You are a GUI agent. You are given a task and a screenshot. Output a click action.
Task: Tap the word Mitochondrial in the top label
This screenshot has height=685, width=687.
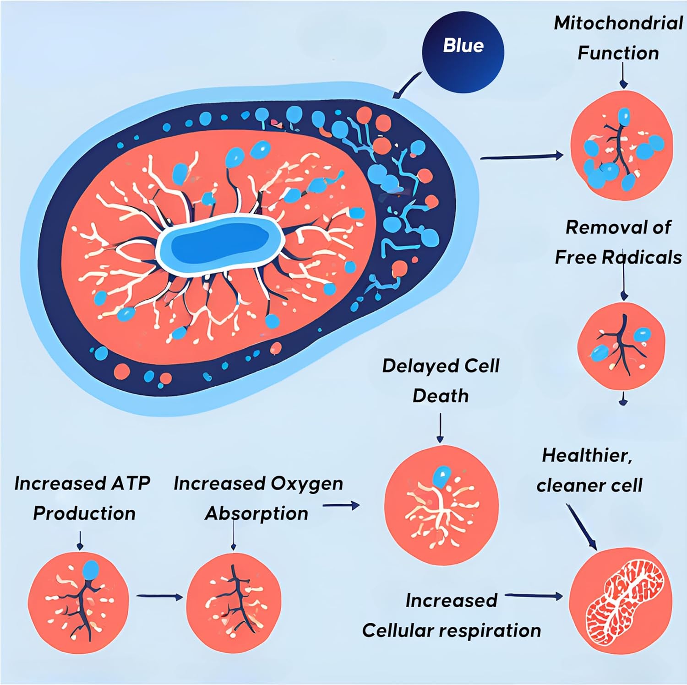tap(618, 23)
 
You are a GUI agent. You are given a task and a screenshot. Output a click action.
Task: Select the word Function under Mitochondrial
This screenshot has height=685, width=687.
tap(618, 53)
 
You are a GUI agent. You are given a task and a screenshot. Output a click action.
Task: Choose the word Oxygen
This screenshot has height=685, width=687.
tap(306, 484)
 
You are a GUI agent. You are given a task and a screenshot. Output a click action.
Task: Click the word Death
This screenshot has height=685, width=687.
tap(440, 396)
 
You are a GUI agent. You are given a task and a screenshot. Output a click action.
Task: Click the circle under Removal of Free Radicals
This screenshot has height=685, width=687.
tap(621, 345)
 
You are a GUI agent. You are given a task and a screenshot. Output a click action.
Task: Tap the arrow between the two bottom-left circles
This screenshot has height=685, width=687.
tap(159, 596)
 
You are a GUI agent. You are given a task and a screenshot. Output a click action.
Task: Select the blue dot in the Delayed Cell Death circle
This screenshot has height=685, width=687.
tap(442, 476)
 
